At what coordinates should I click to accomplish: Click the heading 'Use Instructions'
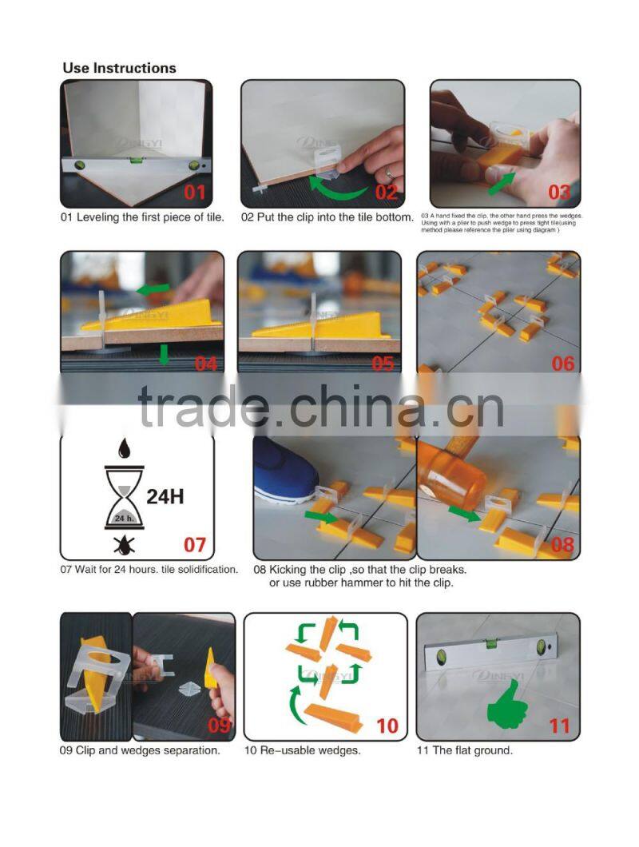(x=119, y=68)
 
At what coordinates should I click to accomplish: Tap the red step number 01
(x=195, y=192)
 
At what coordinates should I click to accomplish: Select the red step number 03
(x=558, y=192)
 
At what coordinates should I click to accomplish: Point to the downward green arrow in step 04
(x=164, y=354)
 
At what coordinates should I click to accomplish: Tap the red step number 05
(x=383, y=364)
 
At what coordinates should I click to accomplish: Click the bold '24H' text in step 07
(x=165, y=496)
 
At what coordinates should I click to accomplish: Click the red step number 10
(x=387, y=726)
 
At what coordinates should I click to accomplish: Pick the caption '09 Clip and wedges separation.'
(x=141, y=750)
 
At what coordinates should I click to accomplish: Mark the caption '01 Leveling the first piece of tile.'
(x=143, y=217)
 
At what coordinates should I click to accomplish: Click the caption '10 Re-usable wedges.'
(x=303, y=750)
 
